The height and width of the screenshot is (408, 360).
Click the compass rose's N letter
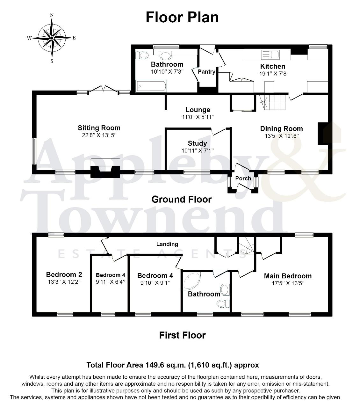click(52, 15)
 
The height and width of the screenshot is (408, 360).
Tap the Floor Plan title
click(182, 17)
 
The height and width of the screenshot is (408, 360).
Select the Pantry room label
click(206, 72)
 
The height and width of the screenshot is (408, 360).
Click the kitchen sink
click(270, 55)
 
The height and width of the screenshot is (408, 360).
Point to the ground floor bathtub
click(151, 86)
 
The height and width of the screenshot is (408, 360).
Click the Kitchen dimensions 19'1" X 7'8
click(273, 74)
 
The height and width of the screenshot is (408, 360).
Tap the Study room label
click(197, 143)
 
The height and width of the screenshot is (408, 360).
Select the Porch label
click(243, 178)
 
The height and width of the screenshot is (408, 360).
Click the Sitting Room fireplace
click(105, 168)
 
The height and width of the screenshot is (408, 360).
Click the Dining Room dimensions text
click(282, 136)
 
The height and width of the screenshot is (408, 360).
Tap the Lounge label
click(198, 110)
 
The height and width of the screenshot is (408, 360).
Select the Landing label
click(167, 244)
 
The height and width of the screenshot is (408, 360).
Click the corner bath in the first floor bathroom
click(191, 281)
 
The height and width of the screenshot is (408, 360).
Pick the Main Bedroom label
click(288, 276)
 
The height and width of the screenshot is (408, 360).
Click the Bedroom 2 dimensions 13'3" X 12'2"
click(64, 282)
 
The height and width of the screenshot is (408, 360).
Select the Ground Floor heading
click(182, 199)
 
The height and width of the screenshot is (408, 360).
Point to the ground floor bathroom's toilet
click(142, 55)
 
